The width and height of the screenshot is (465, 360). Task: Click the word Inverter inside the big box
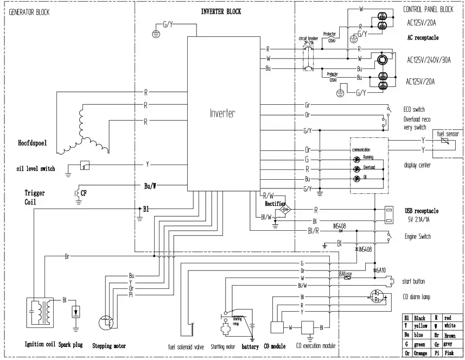click(x=222, y=113)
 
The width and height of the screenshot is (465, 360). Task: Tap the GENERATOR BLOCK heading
click(x=29, y=12)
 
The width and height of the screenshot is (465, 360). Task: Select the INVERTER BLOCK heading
click(x=221, y=11)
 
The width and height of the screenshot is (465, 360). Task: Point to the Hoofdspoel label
click(x=28, y=143)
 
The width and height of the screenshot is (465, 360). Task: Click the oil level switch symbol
click(x=85, y=164)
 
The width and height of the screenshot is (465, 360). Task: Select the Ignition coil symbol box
click(x=40, y=312)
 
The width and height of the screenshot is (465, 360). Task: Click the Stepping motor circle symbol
click(x=107, y=323)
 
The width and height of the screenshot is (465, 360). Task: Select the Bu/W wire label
click(x=150, y=186)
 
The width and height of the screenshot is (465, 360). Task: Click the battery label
click(x=250, y=346)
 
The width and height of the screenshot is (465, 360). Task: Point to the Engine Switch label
click(x=418, y=237)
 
